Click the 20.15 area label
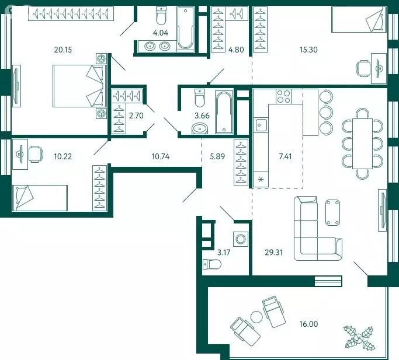pyautogui.click(x=63, y=50)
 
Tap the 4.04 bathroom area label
pyautogui.click(x=161, y=33)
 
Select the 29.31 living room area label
pyautogui.click(x=274, y=253)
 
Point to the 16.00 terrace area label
pyautogui.click(x=308, y=324)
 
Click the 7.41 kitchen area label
pyautogui.click(x=285, y=156)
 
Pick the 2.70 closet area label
pyautogui.click(x=136, y=116)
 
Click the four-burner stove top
pyautogui.click(x=284, y=96)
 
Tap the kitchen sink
pyautogui.click(x=261, y=125)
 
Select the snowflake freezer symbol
pyautogui.click(x=261, y=180)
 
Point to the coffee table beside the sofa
pyautogui.click(x=332, y=212)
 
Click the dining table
pyautogui.click(x=362, y=144)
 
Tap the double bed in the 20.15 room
pyautogui.click(x=79, y=86)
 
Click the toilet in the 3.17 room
pyautogui.click(x=212, y=264)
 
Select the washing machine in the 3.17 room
pyautogui.click(x=241, y=239)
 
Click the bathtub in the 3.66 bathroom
pyautogui.click(x=224, y=112)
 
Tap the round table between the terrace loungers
pyautogui.click(x=256, y=317)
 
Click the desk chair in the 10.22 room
pyautogui.click(x=36, y=154)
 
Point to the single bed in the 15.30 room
pyautogui.click(x=359, y=20)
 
